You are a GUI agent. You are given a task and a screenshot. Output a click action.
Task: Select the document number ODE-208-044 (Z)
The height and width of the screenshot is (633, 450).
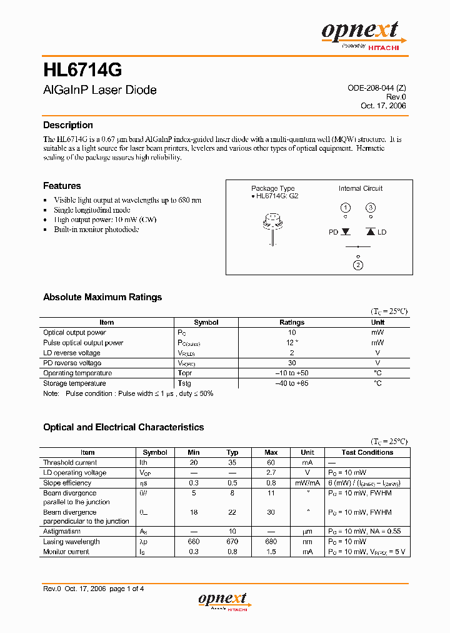coord(377,88)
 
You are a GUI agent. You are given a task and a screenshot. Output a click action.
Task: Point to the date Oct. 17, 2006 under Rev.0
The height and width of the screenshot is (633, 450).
coord(383,106)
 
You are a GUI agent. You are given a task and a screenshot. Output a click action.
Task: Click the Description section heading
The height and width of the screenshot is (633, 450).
coord(67,125)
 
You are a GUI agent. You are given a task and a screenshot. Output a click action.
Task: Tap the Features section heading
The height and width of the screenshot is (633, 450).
coord(62,186)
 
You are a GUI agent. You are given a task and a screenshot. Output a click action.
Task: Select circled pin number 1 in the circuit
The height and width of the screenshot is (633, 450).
coord(345,208)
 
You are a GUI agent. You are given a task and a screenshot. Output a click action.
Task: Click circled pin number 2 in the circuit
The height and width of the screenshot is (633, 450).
coord(357,265)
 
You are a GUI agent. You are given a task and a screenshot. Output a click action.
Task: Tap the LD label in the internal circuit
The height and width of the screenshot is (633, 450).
coord(382,232)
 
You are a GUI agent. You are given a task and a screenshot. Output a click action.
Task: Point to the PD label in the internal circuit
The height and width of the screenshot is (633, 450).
coord(333,232)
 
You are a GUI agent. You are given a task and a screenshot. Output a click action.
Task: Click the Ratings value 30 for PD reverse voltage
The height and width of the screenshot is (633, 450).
coord(291,363)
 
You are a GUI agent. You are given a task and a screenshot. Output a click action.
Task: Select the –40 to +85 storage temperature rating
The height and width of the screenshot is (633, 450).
coord(291,383)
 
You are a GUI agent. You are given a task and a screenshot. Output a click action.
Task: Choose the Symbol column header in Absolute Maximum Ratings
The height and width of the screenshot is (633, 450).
coord(206,323)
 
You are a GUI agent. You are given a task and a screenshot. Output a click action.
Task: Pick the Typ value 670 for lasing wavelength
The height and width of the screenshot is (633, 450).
coord(232,542)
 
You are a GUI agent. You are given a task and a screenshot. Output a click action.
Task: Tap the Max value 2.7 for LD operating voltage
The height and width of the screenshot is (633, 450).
coord(271,473)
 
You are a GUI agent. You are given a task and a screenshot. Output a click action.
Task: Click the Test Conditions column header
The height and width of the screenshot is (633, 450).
coord(367,452)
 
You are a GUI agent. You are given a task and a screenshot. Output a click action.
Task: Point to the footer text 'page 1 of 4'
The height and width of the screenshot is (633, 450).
coord(127,589)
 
